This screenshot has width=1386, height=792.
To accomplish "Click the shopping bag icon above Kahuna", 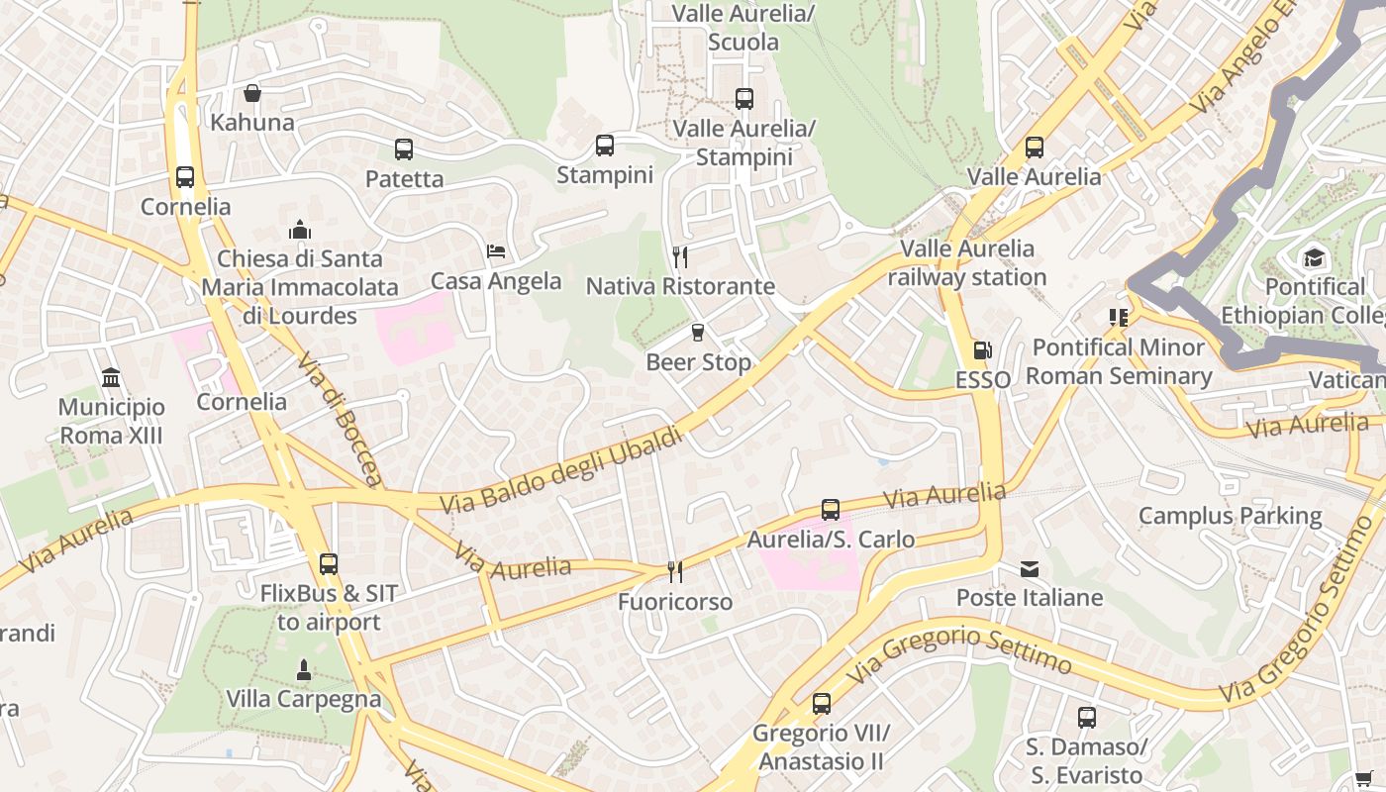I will point(252,93).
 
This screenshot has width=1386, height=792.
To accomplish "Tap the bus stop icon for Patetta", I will point(404,149).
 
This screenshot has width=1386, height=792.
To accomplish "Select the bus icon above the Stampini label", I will point(605,146).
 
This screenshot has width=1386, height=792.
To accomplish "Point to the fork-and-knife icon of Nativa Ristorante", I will point(680,257).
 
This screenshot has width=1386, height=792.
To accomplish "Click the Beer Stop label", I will point(698,362).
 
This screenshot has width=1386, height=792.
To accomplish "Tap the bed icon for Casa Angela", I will point(496,251).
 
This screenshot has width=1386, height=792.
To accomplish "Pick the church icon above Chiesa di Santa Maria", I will point(300,230).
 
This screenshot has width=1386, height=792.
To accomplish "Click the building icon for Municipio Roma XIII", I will point(111,378).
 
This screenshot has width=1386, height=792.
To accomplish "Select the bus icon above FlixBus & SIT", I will point(329,564).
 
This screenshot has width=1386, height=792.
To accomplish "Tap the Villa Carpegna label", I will point(303,699).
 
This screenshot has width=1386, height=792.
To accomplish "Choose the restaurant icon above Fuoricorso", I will point(675,572).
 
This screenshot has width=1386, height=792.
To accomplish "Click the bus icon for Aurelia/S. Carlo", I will point(831,510).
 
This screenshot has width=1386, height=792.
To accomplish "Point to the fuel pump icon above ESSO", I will point(982,350).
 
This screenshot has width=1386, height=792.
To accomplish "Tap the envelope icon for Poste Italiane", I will point(1030,569).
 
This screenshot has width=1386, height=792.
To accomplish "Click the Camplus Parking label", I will point(1230,516).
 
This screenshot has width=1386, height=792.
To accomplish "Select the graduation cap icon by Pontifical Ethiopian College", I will point(1314,257).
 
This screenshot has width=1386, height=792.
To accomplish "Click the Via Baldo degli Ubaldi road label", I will point(561,470).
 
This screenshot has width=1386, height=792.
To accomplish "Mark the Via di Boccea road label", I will point(339,420).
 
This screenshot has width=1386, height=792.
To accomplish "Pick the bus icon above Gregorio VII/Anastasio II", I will point(822,704).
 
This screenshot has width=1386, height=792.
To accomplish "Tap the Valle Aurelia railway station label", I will point(966,262).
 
